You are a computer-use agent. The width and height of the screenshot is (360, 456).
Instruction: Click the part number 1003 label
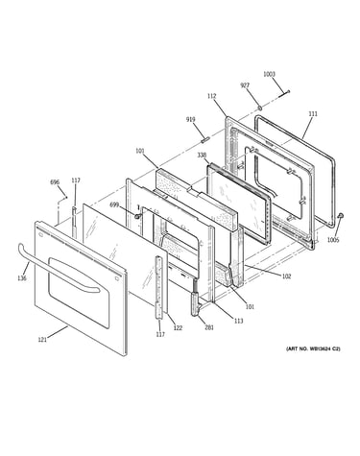[x=269, y=74]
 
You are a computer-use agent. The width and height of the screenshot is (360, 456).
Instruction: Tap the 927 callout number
[x=245, y=85]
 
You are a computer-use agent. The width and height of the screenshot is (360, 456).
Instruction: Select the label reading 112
[x=211, y=96]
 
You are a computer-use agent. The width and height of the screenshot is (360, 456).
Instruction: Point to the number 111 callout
[x=313, y=113]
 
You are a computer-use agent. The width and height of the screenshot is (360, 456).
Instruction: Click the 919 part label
[x=191, y=120]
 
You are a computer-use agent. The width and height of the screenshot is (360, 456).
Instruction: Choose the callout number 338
[x=202, y=155]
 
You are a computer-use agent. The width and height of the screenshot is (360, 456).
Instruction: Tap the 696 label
[x=55, y=182]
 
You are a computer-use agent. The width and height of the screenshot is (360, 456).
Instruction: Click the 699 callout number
[x=114, y=204]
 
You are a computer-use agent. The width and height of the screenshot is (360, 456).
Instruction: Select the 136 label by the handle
[x=22, y=278]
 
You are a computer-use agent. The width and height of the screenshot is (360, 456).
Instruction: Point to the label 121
[x=42, y=340]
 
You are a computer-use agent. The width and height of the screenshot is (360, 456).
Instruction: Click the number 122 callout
[x=178, y=327]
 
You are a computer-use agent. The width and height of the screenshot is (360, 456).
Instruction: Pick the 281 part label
[x=209, y=327]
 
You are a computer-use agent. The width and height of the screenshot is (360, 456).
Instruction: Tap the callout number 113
[x=238, y=321]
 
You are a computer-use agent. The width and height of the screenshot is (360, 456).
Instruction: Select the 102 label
[x=286, y=276]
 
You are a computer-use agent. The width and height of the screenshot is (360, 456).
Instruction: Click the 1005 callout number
[x=333, y=240]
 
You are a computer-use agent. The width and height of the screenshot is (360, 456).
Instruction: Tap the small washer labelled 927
[x=260, y=107]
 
